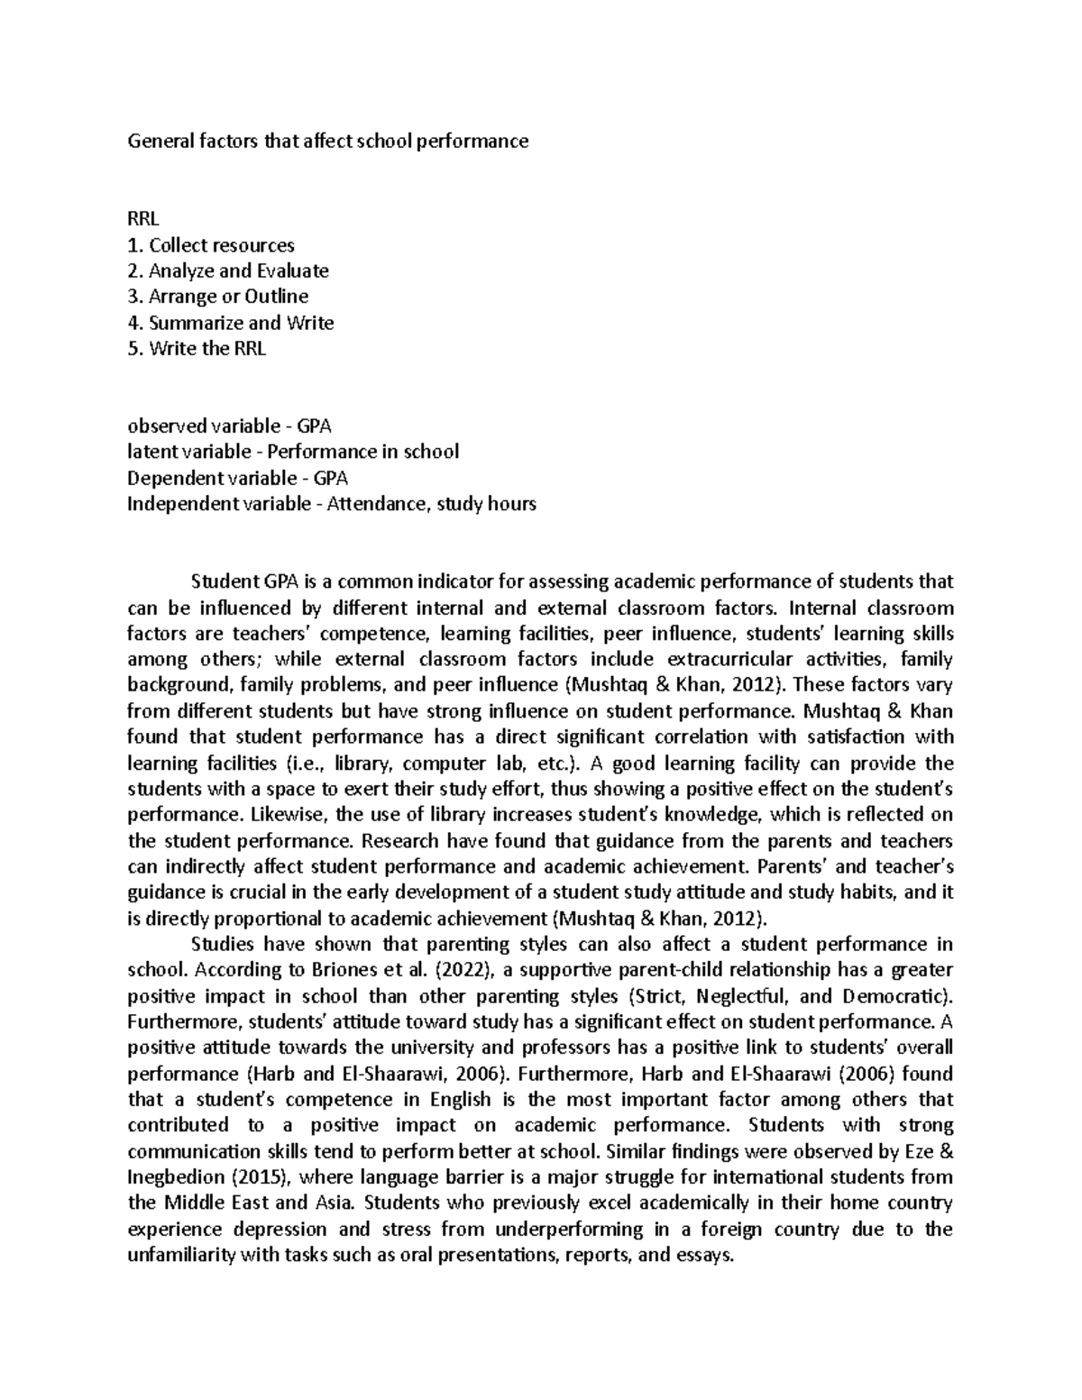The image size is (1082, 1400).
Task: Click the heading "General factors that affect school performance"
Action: coord(328,142)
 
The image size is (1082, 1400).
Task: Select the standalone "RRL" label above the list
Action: coord(142,219)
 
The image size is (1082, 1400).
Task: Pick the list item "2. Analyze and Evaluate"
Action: coord(228,270)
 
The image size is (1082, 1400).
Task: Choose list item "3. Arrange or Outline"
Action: coord(218,297)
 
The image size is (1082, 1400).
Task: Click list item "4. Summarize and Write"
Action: coord(231,323)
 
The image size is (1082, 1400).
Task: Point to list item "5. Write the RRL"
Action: coord(197,349)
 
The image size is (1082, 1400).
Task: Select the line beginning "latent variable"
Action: coord(293,452)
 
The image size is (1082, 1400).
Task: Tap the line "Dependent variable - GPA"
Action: coord(237,478)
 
